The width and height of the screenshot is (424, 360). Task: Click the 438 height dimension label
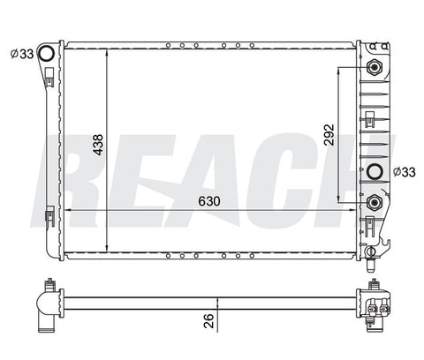98,145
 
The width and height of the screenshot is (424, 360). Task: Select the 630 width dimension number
209,201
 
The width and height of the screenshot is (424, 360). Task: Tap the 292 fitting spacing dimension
329,135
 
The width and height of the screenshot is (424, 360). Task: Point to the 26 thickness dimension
208,320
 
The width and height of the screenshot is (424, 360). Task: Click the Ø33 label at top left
22,54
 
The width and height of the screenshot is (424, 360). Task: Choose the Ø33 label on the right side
405,172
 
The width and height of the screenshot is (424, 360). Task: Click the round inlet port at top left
47,54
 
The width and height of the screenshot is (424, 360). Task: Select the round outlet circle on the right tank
375,171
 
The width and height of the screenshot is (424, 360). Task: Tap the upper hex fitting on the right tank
375,68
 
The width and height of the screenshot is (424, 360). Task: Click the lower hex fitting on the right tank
375,202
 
